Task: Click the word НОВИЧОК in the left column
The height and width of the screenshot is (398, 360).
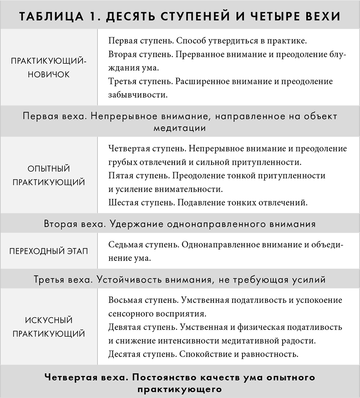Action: point(49,74)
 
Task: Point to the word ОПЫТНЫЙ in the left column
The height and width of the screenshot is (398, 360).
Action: point(49,169)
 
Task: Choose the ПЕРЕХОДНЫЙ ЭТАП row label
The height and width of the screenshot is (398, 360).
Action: point(49,251)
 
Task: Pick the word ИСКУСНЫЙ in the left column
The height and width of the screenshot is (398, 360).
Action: point(49,320)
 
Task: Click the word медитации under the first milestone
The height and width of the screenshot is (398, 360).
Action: point(180,128)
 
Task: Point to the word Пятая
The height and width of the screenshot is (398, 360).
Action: point(121,175)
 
